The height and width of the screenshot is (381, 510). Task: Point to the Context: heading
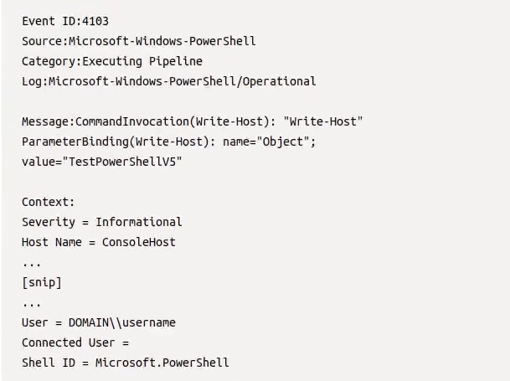click(x=49, y=202)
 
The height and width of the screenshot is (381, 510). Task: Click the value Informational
click(x=138, y=222)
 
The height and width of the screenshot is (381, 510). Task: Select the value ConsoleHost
click(x=138, y=242)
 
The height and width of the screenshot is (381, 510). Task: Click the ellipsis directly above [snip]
click(x=31, y=263)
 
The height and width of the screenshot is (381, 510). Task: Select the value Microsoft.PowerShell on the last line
click(x=162, y=363)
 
